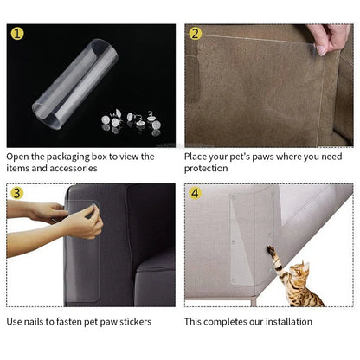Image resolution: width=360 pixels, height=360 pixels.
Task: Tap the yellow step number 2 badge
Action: coord(196,35)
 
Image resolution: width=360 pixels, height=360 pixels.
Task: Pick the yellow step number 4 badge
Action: coord(196,193)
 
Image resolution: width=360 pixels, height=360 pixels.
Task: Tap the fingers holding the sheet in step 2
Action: coord(332,38)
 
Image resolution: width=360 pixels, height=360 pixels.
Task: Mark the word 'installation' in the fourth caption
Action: coord(291,322)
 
